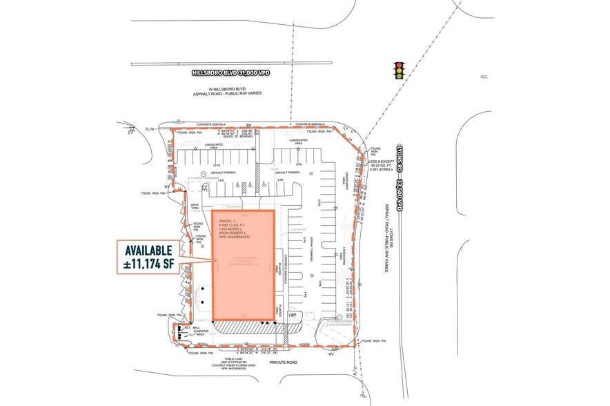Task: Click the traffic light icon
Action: [397, 70]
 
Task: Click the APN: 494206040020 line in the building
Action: [238, 238]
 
